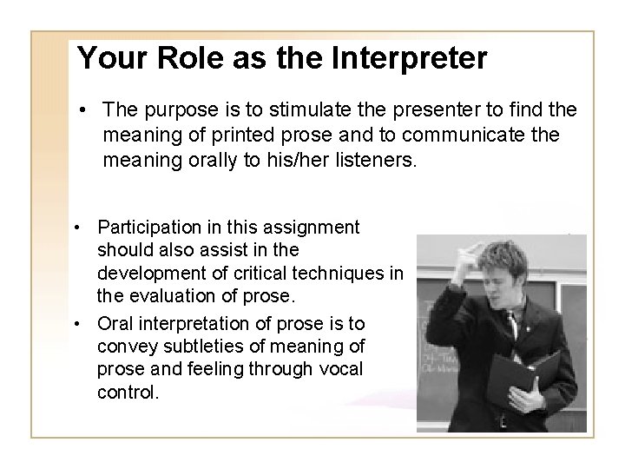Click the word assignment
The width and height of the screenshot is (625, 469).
[x=316, y=228]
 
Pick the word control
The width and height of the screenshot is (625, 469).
[x=128, y=393]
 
